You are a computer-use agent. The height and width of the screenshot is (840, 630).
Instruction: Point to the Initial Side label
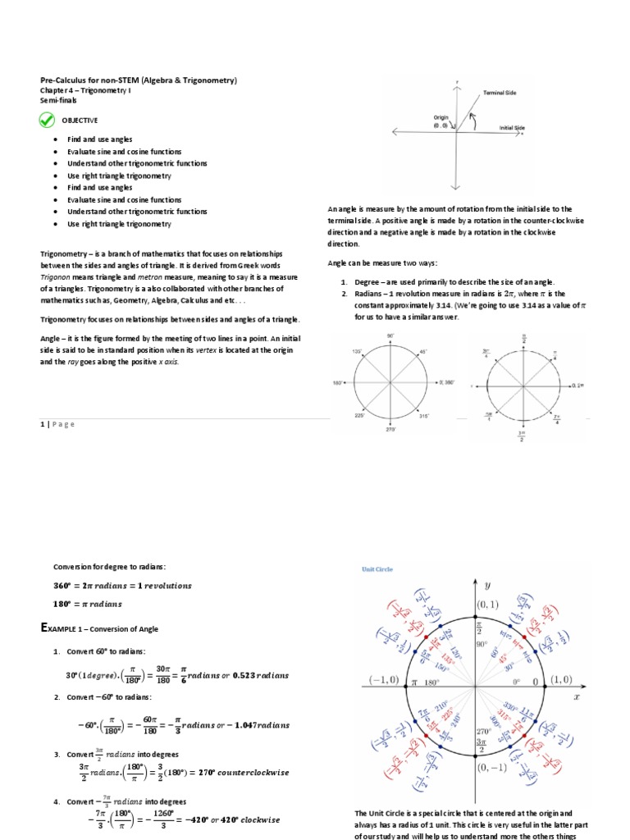(512, 128)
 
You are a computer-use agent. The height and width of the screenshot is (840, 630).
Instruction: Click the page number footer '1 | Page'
(57, 424)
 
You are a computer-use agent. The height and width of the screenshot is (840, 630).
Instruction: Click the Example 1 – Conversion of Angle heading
(99, 628)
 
